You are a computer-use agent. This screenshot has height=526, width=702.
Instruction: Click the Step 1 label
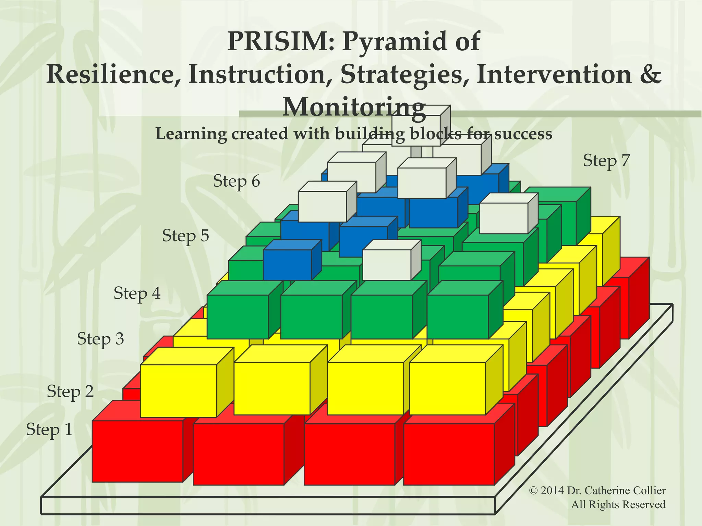(x=49, y=429)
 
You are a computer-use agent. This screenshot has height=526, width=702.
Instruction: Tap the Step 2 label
(x=70, y=391)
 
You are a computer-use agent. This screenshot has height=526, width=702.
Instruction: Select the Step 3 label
(x=100, y=339)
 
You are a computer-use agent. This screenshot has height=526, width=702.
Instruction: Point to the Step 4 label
(x=137, y=293)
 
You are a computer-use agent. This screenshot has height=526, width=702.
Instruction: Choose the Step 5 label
(x=185, y=236)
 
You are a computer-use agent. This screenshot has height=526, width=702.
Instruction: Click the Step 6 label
(x=237, y=181)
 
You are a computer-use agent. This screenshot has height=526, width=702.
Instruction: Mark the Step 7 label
(x=606, y=160)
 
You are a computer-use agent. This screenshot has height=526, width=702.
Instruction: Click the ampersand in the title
(x=650, y=75)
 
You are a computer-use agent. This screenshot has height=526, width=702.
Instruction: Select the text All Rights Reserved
(x=618, y=504)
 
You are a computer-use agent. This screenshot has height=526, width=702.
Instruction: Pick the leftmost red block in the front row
(x=137, y=451)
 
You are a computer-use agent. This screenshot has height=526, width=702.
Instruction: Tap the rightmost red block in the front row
(x=449, y=454)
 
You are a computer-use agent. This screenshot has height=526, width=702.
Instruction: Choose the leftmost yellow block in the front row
(x=178, y=391)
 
